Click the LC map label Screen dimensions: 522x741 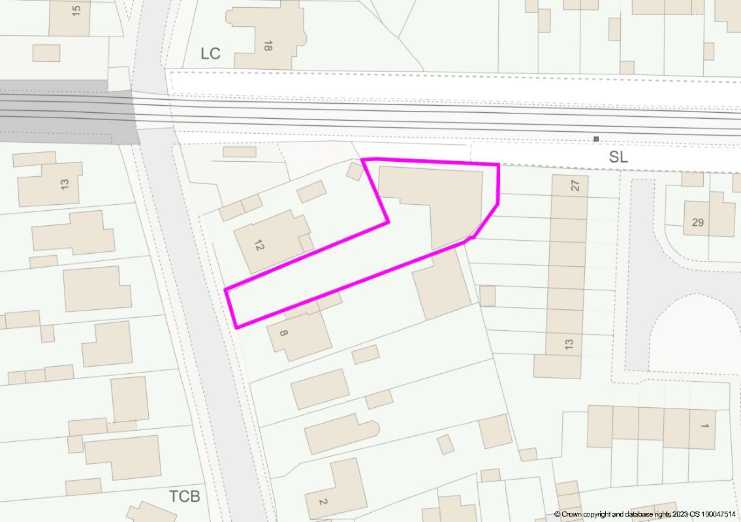point(210,54)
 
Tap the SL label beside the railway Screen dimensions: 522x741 point(618,157)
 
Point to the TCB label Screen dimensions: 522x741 point(185,496)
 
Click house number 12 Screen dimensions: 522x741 point(259,245)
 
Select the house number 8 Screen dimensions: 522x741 point(283,333)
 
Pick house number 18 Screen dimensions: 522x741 point(267,46)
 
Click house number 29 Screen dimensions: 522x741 point(697,223)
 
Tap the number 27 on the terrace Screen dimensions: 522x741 point(575,185)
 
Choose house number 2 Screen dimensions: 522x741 point(322,501)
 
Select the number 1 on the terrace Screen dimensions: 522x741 point(704,426)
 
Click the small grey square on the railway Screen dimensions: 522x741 point(595,138)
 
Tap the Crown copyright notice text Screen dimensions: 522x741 point(646,514)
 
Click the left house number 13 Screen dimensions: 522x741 point(64,184)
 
